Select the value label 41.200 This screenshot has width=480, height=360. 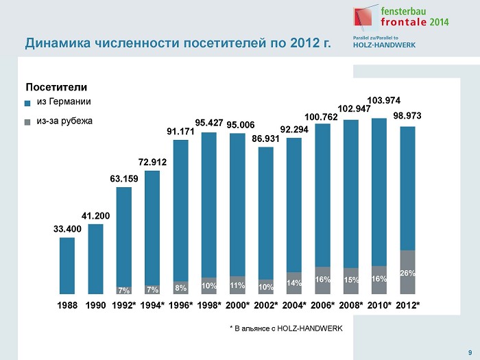point(95,216)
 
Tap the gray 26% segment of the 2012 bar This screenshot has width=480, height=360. point(407,272)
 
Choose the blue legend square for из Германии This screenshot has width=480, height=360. point(28,104)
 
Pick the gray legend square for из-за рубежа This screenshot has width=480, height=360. point(28,122)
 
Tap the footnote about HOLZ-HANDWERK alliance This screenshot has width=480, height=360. point(285,328)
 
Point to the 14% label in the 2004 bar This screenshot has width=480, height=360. point(294,283)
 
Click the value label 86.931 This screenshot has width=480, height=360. point(266,139)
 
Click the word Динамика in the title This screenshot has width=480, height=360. point(56,45)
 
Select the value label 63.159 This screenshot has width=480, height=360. point(124,179)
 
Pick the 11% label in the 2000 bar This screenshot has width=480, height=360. point(237,285)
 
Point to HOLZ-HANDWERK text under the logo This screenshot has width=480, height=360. point(385,46)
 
